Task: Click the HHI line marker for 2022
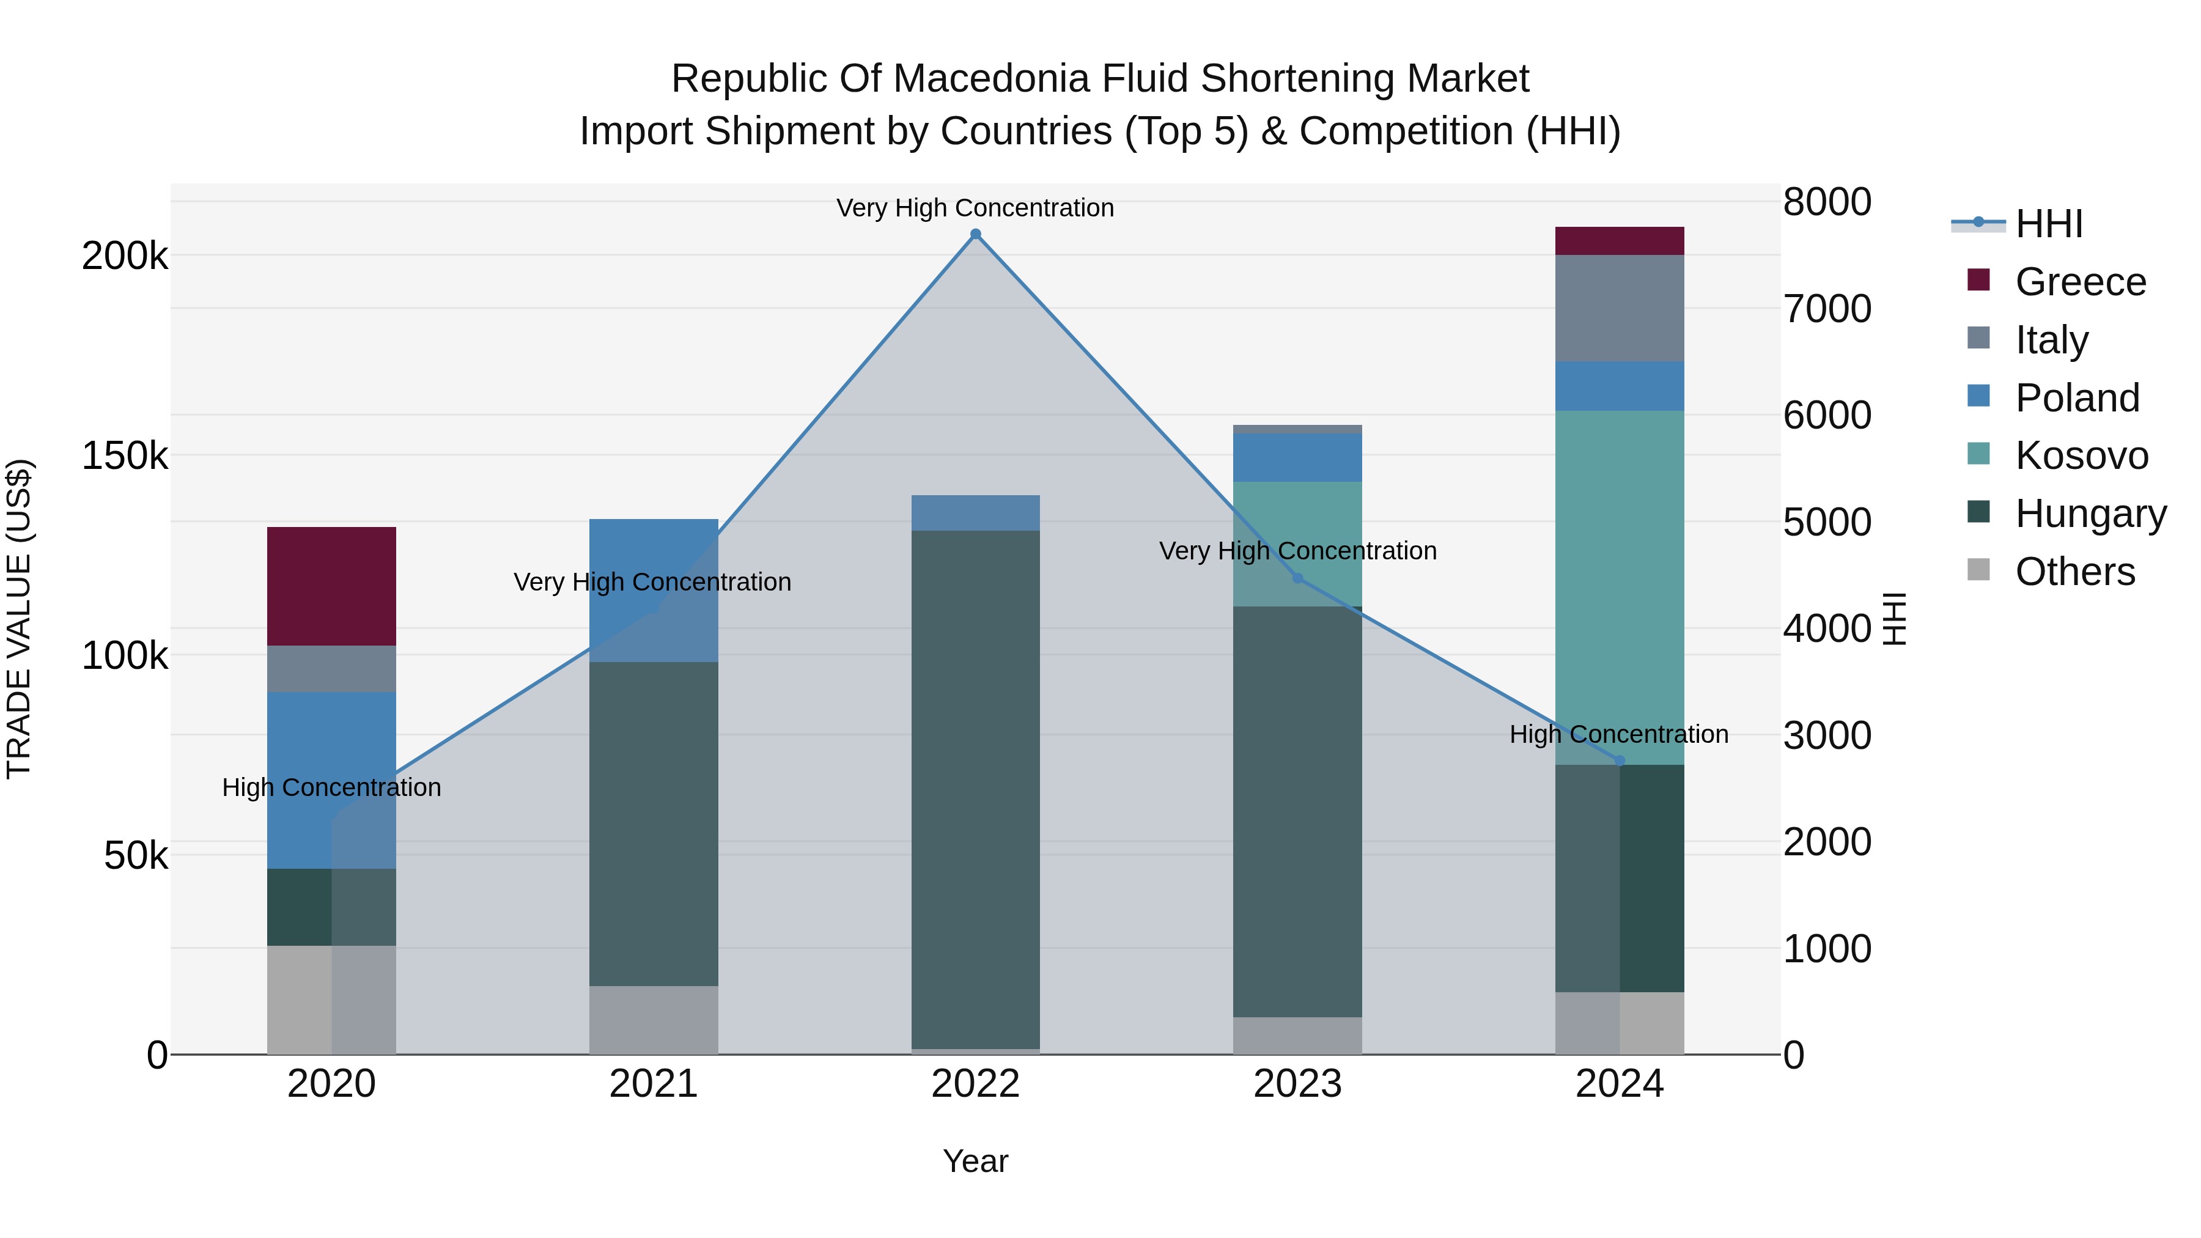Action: click(x=976, y=234)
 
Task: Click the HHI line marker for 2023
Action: click(x=1298, y=578)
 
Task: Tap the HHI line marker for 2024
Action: click(x=1620, y=761)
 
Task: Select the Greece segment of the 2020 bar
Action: click(x=331, y=586)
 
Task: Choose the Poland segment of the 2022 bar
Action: click(x=976, y=513)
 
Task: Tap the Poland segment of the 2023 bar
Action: click(x=1298, y=457)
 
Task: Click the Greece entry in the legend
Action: click(x=2080, y=282)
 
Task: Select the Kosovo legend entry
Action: click(x=2081, y=455)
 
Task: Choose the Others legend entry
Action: click(x=2074, y=572)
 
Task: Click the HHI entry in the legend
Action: click(x=2049, y=224)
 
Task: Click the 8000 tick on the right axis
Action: click(x=1827, y=202)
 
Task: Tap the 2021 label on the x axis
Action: click(x=654, y=1084)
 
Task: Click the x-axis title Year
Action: click(x=976, y=1161)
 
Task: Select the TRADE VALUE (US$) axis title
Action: click(x=19, y=619)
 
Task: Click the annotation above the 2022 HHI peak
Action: click(x=975, y=208)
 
